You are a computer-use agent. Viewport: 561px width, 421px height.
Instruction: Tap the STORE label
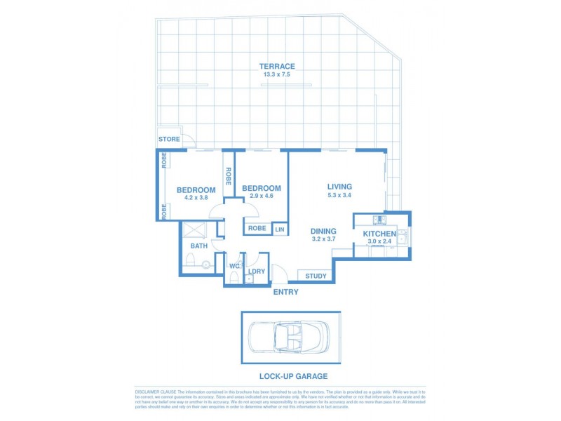(x=168, y=139)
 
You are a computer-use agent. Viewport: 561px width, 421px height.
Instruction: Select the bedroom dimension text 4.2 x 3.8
(x=196, y=198)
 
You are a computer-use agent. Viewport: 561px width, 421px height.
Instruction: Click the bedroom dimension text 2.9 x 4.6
(x=261, y=196)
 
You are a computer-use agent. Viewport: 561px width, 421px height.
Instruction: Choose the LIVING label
(x=339, y=187)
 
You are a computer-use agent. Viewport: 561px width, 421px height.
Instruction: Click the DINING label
(x=323, y=231)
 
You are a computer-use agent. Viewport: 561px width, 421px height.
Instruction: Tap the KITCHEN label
(x=379, y=234)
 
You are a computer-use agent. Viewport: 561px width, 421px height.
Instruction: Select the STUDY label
(x=316, y=276)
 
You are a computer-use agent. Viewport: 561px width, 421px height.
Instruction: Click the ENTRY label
(x=286, y=292)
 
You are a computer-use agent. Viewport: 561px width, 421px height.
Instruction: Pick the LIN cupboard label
(x=280, y=229)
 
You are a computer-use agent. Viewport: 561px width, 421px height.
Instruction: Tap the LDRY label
(x=256, y=271)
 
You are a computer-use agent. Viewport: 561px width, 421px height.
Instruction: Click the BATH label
(x=198, y=246)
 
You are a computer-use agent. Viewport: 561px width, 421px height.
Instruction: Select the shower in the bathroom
(x=194, y=229)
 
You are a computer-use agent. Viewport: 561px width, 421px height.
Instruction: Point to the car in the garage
(x=290, y=338)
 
